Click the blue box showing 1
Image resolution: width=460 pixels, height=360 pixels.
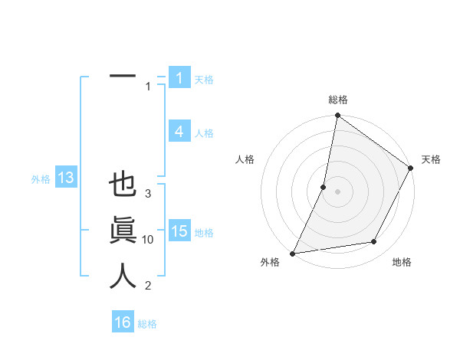(179, 78)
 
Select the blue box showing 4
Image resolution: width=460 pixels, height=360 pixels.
(179, 132)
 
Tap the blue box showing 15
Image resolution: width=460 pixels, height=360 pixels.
(179, 231)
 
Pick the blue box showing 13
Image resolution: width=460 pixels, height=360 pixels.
(65, 178)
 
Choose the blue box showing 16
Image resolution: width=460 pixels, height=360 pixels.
(123, 322)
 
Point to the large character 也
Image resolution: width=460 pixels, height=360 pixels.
(123, 185)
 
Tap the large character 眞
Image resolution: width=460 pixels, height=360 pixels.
(123, 231)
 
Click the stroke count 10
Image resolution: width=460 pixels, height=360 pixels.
(148, 240)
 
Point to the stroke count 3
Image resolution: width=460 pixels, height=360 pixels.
(148, 194)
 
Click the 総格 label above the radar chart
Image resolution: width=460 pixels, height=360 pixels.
(338, 100)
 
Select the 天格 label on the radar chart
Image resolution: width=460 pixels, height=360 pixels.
(431, 159)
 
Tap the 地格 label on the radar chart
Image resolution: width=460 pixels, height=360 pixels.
(402, 262)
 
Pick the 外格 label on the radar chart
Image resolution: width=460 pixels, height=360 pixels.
(270, 262)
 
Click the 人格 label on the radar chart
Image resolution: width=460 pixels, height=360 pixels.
(245, 159)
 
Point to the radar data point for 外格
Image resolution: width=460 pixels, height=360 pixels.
(293, 253)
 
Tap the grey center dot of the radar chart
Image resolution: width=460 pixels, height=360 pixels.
(338, 191)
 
